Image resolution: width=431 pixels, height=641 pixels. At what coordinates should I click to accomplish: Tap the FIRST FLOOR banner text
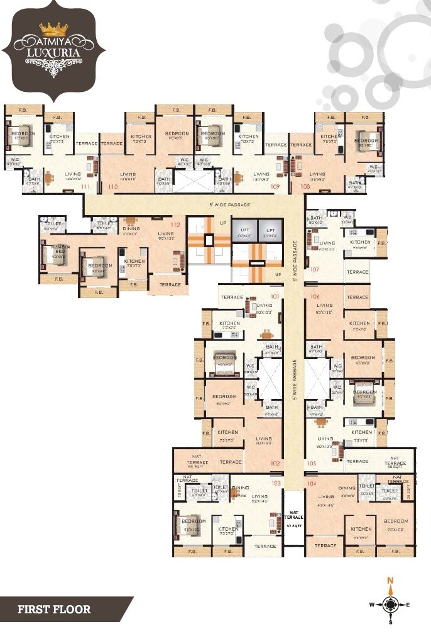point(54,609)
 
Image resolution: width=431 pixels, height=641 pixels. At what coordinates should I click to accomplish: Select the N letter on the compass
point(390,581)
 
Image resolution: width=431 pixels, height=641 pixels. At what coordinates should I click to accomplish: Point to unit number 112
point(175,225)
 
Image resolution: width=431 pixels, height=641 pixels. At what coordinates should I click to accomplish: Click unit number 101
point(275,296)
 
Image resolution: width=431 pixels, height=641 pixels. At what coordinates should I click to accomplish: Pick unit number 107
point(315,269)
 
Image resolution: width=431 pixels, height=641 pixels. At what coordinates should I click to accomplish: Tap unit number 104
point(312,483)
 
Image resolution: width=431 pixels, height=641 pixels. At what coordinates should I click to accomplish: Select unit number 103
point(276,483)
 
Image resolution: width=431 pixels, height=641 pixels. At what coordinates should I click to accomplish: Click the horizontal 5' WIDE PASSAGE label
point(229,205)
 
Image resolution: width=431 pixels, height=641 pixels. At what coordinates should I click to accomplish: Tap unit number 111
point(85,187)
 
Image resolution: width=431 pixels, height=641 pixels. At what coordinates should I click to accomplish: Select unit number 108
point(305,187)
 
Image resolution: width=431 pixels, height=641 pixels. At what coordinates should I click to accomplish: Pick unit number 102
point(275,463)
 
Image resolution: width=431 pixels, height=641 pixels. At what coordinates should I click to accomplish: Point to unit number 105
point(312,463)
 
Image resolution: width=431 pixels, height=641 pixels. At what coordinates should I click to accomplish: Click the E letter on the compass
point(408,605)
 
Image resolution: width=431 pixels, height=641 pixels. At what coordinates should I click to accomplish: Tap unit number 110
point(113,187)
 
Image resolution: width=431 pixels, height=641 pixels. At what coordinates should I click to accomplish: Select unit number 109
point(275,187)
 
